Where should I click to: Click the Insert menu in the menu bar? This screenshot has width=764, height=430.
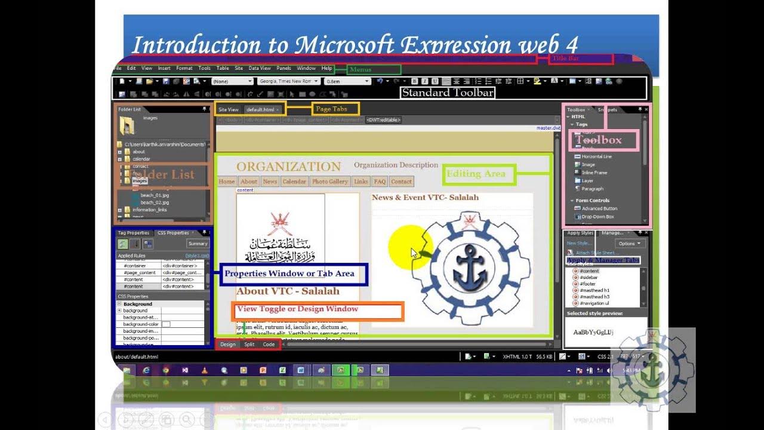(x=164, y=69)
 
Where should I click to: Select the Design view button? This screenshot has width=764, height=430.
(x=228, y=345)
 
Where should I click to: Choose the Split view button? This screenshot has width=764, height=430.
(x=249, y=345)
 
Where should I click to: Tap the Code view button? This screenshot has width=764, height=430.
(x=269, y=345)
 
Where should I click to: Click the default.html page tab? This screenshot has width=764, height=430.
(x=261, y=110)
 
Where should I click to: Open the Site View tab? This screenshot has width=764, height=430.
(x=228, y=110)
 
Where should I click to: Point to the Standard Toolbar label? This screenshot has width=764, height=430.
(x=448, y=93)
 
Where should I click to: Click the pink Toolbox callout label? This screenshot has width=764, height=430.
(x=599, y=140)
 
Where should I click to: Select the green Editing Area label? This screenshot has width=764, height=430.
(x=476, y=174)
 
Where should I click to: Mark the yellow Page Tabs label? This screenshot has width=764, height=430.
(x=331, y=109)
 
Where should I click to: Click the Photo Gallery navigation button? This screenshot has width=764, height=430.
(x=329, y=182)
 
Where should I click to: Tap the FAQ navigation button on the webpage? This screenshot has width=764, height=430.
(x=380, y=182)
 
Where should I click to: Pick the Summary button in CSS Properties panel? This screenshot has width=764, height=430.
(x=198, y=244)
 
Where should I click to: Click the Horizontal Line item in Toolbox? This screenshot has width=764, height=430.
(x=597, y=156)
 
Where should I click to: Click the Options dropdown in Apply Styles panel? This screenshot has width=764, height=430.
(x=630, y=244)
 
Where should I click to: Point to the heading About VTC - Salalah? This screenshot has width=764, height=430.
(x=288, y=291)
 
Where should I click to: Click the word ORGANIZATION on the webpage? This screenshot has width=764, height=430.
(x=288, y=167)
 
